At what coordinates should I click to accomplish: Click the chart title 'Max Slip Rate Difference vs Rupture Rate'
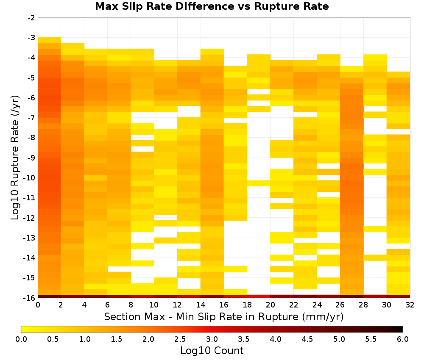(212, 6)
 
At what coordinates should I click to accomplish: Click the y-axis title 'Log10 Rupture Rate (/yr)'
(15, 158)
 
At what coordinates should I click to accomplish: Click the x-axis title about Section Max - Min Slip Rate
(223, 317)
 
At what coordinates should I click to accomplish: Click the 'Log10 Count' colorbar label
(212, 351)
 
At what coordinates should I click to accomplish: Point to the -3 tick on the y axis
(32, 38)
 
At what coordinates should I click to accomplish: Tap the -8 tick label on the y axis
(32, 138)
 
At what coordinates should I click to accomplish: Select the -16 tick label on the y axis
(30, 298)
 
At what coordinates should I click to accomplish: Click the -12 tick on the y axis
(30, 218)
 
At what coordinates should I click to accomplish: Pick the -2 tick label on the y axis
(32, 18)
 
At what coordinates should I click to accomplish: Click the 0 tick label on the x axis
(38, 305)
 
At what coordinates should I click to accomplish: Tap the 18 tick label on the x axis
(247, 305)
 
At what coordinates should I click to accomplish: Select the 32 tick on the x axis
(410, 305)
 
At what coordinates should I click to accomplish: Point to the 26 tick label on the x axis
(340, 305)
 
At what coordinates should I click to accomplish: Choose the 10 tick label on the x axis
(154, 305)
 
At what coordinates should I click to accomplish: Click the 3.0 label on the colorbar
(212, 339)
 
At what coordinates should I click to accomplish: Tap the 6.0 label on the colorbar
(403, 339)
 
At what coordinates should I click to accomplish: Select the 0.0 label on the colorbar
(21, 339)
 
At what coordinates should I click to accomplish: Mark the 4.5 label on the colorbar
(307, 339)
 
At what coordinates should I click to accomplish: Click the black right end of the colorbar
(402, 329)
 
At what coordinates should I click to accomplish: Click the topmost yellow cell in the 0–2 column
(50, 40)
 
